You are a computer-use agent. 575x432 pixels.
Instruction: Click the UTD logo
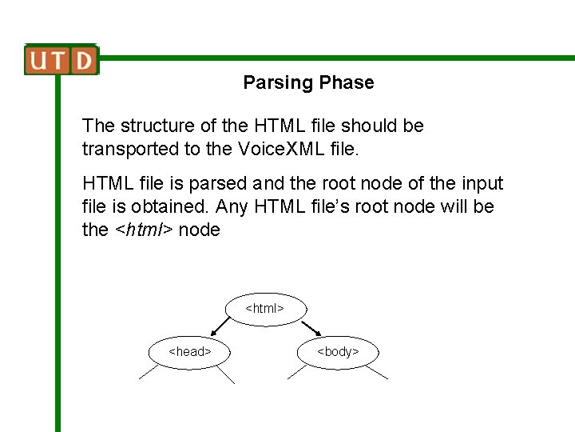[61, 60]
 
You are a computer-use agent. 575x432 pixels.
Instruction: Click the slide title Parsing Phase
[308, 82]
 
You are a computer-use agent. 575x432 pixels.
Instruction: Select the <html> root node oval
[264, 308]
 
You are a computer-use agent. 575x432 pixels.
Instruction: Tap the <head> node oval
[189, 351]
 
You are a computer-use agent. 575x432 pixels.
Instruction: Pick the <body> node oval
[338, 351]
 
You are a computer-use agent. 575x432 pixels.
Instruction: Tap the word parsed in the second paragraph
[214, 183]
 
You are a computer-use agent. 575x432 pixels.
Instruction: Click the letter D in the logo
[83, 60]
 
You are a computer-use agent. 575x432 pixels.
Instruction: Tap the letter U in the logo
[39, 60]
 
